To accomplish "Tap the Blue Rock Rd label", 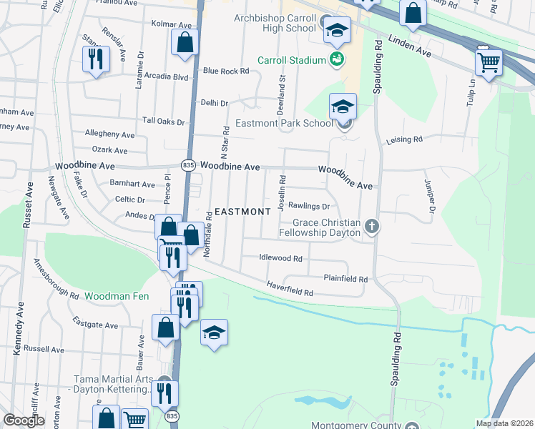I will [x=225, y=71].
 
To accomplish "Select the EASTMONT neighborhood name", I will [x=243, y=212].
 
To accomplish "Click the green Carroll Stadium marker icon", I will [x=337, y=59].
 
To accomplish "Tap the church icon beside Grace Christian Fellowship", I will [x=371, y=227].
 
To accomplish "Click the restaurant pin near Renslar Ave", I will [x=95, y=59].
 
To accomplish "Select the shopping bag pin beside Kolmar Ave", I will [x=185, y=42].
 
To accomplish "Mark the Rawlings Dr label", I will [x=308, y=207].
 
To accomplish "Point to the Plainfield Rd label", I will [x=345, y=279].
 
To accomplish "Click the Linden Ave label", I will [x=411, y=46].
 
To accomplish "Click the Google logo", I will [x=24, y=420].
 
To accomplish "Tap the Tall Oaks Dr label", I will [x=163, y=122].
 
